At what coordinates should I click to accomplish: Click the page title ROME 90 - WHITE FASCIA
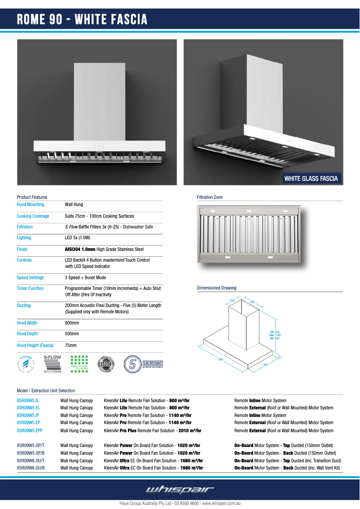(82, 20)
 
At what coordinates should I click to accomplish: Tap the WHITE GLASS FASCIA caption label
(311, 179)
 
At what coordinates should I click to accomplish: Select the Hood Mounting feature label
(31, 205)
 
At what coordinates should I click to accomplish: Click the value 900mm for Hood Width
(72, 323)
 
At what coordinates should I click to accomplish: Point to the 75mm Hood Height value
(71, 346)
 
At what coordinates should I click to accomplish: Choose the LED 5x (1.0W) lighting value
(78, 238)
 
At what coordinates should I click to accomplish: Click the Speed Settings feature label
(31, 278)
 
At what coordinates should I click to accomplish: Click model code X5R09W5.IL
(28, 400)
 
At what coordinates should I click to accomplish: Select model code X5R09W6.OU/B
(31, 468)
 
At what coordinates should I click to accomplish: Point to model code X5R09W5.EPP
(30, 431)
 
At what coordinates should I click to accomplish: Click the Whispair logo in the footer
(180, 489)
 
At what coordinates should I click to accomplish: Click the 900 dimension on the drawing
(221, 360)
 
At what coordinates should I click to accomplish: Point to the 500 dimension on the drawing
(265, 365)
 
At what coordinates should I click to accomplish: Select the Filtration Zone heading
(210, 197)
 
